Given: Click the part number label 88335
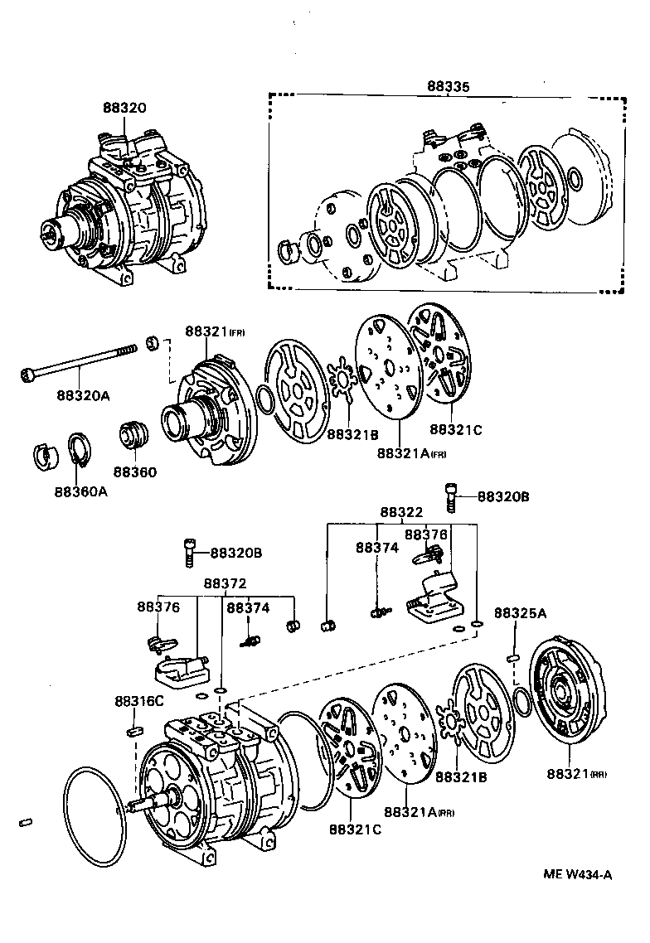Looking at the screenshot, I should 447,85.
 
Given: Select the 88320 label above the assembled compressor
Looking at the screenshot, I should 124,108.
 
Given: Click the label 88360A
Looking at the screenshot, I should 80,491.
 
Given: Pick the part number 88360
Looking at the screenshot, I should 134,471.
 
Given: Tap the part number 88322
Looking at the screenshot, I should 401,514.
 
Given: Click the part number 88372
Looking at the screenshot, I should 224,585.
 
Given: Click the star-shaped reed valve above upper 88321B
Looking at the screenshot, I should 342,384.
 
